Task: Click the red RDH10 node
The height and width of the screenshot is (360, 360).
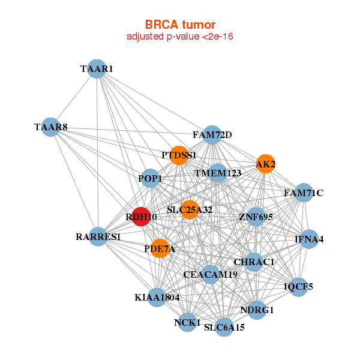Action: point(140,216)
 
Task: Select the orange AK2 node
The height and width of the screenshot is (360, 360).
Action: point(266,164)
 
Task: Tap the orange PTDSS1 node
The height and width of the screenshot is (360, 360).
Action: point(179,155)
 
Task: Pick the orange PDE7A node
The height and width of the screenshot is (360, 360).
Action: point(160,248)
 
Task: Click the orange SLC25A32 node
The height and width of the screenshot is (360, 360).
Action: point(190,209)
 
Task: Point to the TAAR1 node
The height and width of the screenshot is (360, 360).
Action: point(97,68)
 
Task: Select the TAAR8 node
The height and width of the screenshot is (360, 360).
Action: point(52,127)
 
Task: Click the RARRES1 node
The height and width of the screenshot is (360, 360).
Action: point(99,236)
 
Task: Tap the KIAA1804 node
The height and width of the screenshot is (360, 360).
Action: point(157,297)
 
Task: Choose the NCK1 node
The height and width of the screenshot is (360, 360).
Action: point(187,322)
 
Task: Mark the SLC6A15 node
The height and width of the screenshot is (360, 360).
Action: point(224,327)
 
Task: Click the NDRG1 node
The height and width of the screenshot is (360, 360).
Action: point(257,310)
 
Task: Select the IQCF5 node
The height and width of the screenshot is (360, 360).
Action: point(298,286)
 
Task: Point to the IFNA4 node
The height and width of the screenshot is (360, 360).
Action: point(309,239)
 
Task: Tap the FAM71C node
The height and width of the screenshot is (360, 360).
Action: point(303,193)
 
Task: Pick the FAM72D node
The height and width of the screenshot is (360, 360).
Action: point(212,135)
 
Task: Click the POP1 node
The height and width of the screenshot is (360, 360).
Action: point(150,178)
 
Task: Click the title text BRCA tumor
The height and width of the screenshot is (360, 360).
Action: point(180,25)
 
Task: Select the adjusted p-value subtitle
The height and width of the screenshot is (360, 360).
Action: point(180,37)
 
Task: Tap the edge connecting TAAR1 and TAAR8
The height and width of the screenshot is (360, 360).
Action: point(74,98)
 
